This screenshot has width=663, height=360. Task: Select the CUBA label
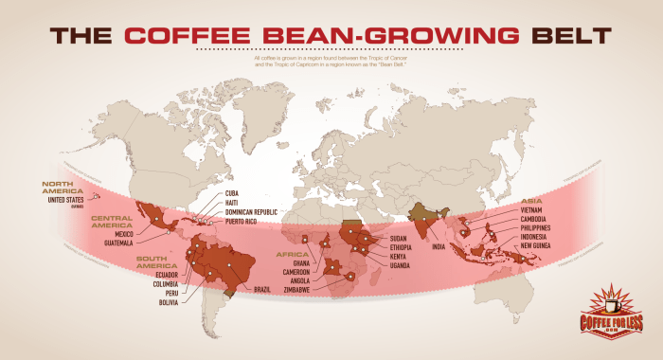click(x=232, y=192)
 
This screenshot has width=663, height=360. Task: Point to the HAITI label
click(x=232, y=202)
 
